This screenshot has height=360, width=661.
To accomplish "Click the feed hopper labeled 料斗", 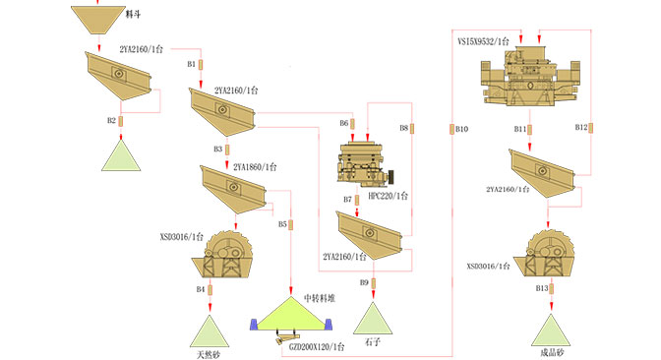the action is coord(98,20).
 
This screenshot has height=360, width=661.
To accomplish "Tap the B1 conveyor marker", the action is coord(201,65).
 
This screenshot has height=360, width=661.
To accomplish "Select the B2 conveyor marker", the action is coord(121,121).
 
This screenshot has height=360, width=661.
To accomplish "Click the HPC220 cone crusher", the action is coord(365,165).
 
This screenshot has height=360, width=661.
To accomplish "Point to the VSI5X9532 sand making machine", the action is coord(530,76).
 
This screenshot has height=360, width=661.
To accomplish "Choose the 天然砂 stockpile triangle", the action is coord(210,331).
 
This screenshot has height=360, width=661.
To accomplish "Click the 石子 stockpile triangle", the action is coord(373,318).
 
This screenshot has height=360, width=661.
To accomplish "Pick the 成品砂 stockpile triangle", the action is coord(551,330).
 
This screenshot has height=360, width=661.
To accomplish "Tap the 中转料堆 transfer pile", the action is coord(291,314).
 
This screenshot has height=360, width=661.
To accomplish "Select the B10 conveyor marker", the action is coord(451,129).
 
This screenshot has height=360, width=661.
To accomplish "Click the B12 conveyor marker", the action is coord(590,128).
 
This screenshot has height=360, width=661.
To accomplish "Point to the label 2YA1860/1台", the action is coord(255,167).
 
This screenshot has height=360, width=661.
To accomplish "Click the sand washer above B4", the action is coord(222,254).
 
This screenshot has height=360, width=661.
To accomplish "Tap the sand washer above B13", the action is coord(545,253).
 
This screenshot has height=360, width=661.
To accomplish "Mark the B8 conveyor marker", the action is coord(412,128).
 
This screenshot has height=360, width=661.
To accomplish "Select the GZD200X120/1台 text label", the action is coord(317,347).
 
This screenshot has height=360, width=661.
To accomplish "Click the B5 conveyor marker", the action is coord(291,224).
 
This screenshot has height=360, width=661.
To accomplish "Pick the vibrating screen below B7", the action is coord(370,236).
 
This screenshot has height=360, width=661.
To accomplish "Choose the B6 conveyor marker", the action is coord(352,124).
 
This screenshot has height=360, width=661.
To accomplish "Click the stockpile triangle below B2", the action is coord(121,155).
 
